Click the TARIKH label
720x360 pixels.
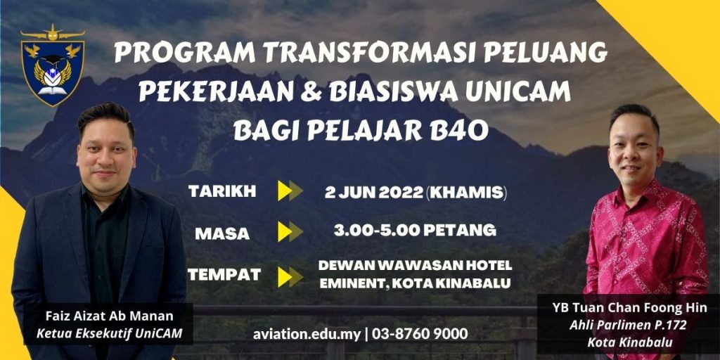(222, 192)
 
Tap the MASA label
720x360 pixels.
(222, 233)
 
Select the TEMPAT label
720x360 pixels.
(224, 275)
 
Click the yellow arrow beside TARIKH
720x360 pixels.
(290, 191)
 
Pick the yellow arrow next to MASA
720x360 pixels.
(290, 231)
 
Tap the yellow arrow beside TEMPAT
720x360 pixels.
(290, 277)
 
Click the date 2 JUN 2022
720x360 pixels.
(374, 193)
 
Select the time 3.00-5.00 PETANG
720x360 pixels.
(415, 230)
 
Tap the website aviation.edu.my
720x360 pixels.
(307, 334)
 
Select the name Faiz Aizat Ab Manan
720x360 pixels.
(109, 316)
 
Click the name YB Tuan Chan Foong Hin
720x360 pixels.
(630, 308)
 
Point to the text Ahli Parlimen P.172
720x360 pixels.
(628, 326)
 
